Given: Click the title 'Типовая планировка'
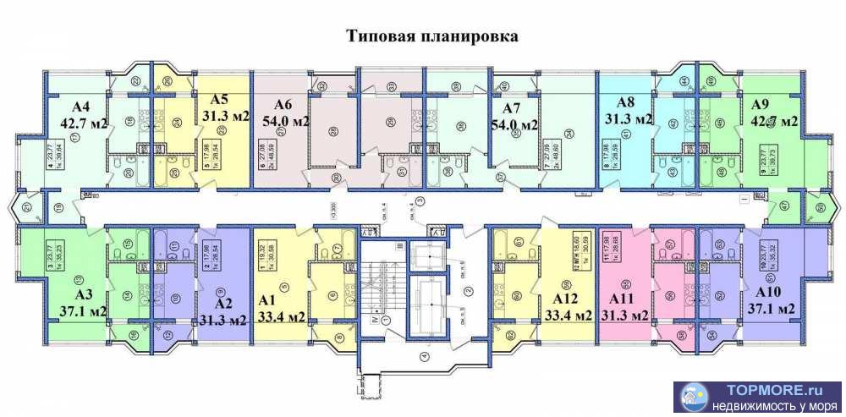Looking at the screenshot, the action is coord(432,36).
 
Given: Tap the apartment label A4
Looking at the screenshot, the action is coord(81,107).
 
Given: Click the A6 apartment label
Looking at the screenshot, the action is coord(283,105).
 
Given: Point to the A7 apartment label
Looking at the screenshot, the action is coord(511,109).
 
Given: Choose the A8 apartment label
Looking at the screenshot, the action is coord(626,102).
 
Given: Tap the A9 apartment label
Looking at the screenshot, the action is coord(760,105).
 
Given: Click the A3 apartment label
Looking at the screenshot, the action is coord(83,295).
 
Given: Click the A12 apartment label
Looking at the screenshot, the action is coord(564,299).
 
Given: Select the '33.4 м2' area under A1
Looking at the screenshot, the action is coord(282,316).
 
